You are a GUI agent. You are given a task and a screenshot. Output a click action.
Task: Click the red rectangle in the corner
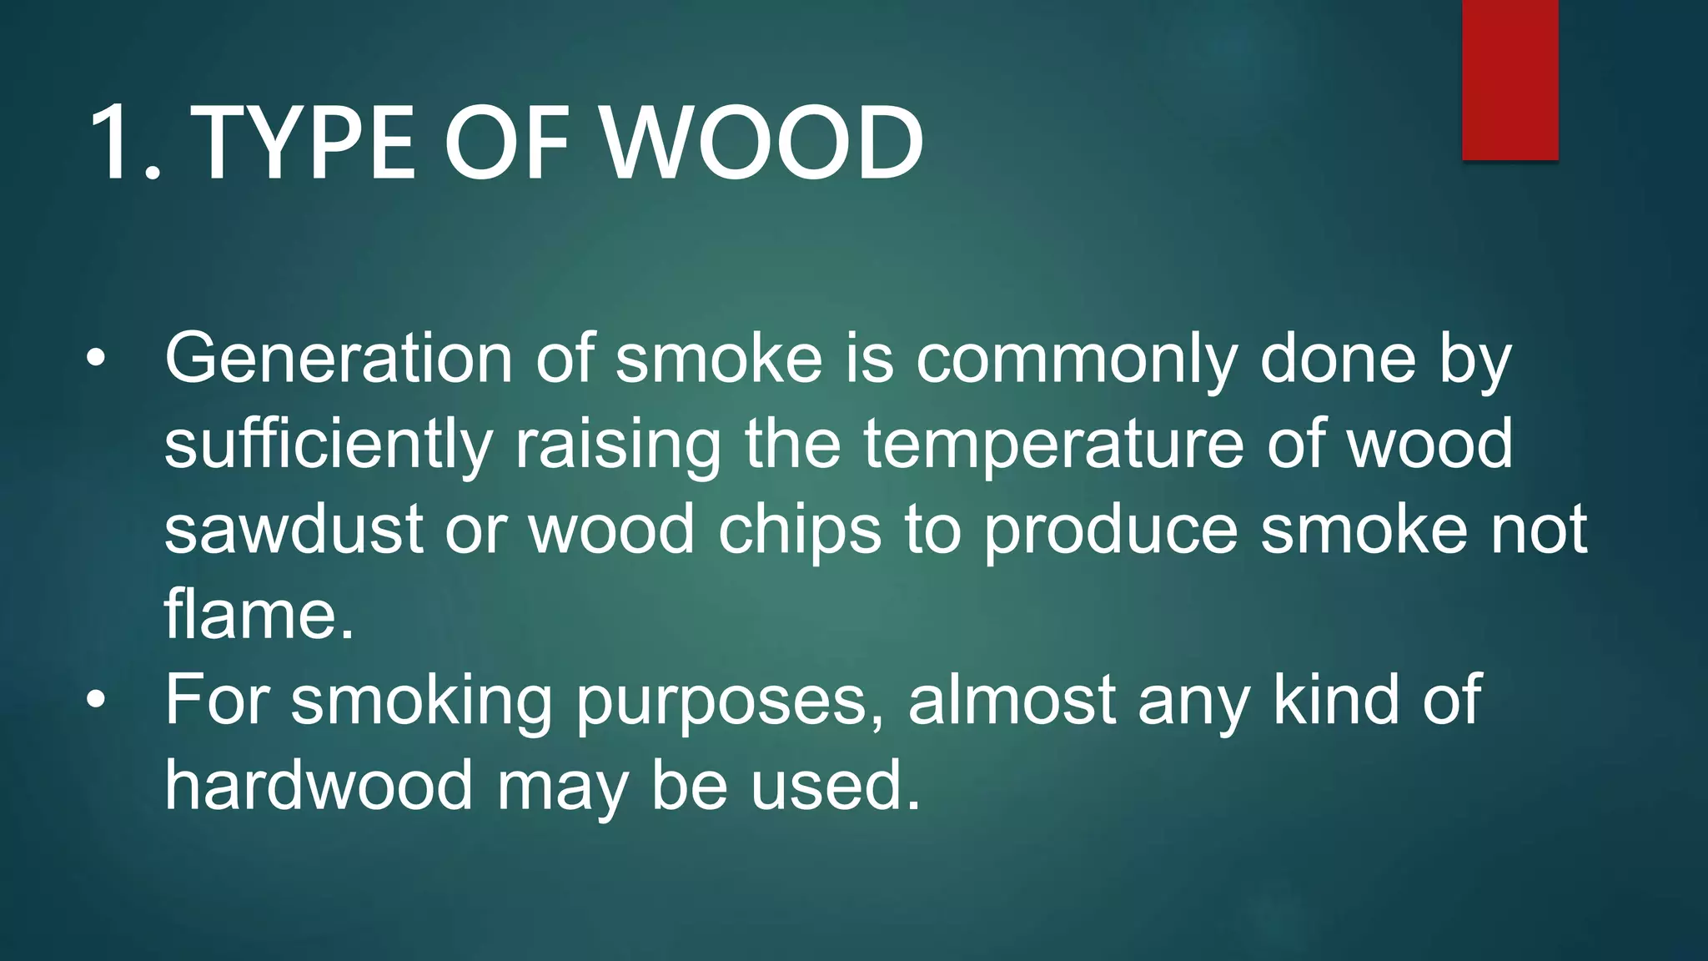pyautogui.click(x=1510, y=80)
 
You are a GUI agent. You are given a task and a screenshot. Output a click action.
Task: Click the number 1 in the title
pyautogui.click(x=117, y=143)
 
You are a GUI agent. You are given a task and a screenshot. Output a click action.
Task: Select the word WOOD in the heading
pyautogui.click(x=762, y=143)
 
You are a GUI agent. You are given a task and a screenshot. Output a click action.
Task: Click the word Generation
pyautogui.click(x=338, y=359)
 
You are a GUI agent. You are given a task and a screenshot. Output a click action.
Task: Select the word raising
pyautogui.click(x=617, y=445)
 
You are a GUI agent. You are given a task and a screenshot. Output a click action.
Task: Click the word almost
pyautogui.click(x=1012, y=701)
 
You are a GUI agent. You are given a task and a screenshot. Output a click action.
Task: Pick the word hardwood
pyautogui.click(x=319, y=786)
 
